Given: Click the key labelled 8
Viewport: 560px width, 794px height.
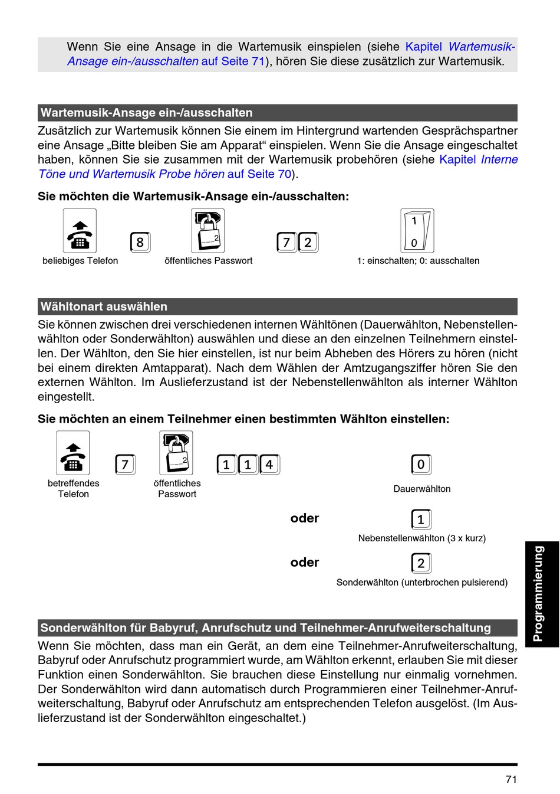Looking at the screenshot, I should tap(140, 242).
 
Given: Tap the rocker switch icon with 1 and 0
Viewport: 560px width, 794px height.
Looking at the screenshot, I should tap(417, 231).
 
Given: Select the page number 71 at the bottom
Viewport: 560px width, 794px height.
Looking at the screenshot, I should tap(511, 779).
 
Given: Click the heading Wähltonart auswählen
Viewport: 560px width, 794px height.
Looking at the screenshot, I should tap(104, 306).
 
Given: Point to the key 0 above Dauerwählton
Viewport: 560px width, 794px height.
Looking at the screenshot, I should tap(421, 465).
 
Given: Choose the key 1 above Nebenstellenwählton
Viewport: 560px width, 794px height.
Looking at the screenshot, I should tap(421, 519).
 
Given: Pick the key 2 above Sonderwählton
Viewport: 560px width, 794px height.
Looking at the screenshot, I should tap(421, 563).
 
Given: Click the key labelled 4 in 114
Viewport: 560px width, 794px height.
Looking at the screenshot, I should tap(269, 465).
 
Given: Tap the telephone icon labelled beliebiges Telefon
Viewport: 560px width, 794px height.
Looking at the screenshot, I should tap(80, 231).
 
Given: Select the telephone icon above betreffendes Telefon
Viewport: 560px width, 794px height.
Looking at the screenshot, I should tap(73, 453).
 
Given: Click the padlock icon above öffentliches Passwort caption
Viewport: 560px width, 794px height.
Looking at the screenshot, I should tap(207, 231).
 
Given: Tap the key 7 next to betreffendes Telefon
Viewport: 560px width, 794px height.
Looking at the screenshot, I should tap(125, 465).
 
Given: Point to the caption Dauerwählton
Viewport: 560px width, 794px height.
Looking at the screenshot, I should tap(422, 489).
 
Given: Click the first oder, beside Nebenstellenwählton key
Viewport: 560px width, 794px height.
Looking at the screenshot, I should tap(305, 518).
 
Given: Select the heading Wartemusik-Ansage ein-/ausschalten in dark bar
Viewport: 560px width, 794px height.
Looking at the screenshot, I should tap(146, 113).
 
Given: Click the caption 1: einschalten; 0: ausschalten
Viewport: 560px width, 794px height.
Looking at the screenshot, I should tap(418, 261).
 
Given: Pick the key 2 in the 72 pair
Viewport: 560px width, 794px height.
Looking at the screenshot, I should tap(308, 242).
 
